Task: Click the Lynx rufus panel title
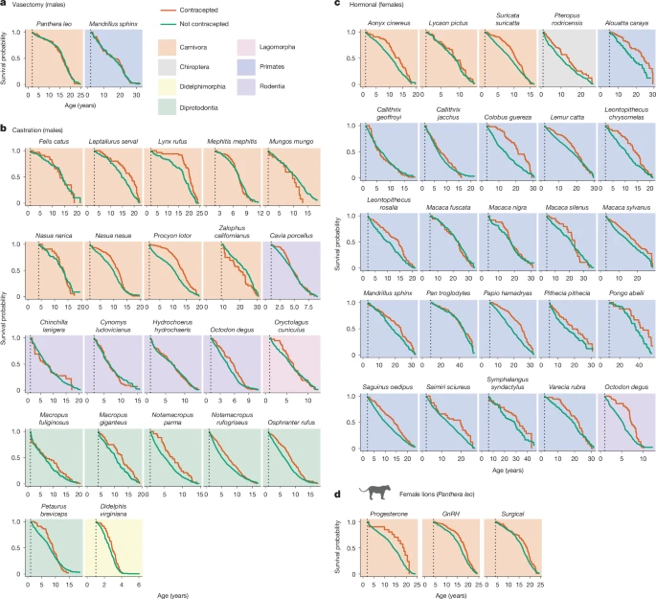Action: [170, 141]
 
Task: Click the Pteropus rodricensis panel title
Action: [566, 19]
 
